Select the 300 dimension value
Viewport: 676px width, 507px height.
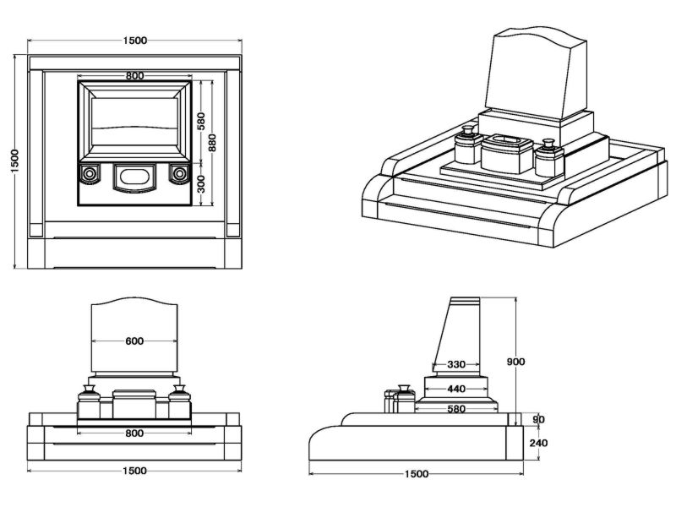[x=201, y=183]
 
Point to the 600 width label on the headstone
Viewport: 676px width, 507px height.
[x=134, y=341]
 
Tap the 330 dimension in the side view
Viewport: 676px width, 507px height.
[x=456, y=365]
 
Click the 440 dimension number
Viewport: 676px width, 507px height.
[x=456, y=389]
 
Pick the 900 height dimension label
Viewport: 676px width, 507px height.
[x=516, y=362]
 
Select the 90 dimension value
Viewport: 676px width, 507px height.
[x=539, y=418]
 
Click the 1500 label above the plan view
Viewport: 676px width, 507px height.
[x=134, y=41]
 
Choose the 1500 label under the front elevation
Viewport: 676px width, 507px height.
[x=134, y=472]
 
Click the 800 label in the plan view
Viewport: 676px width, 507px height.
[x=134, y=76]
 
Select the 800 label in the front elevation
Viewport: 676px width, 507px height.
[x=134, y=433]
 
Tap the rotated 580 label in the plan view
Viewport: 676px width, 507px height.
[x=201, y=121]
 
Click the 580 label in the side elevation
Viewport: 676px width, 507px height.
[x=456, y=409]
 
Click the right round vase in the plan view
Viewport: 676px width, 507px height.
[x=178, y=174]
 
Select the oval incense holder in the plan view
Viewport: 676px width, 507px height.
[x=134, y=177]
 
